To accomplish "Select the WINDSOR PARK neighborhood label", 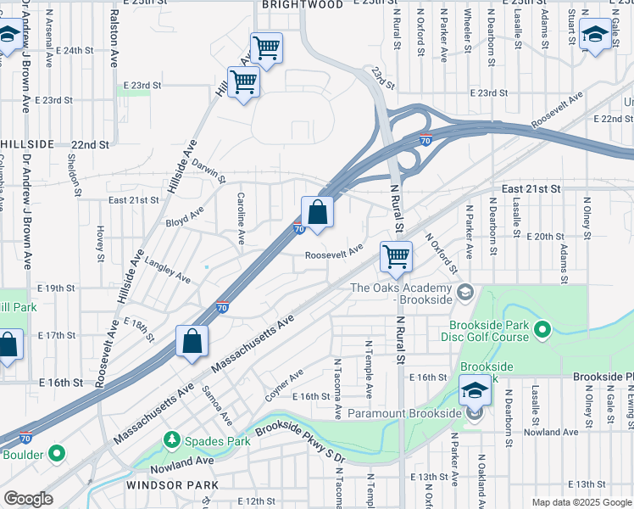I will pos(172,485).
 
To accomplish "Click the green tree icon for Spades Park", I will pos(172,439).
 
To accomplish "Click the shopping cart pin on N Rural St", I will pos(396,256).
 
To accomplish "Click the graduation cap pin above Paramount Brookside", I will pos(475,389).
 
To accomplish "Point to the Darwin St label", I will pos(208,170).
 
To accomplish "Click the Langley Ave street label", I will pos(168,270).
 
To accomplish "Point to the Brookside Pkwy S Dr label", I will pos(300,443).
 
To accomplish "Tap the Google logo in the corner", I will pos(29,499).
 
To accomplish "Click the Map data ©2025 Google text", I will pos(581,502).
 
